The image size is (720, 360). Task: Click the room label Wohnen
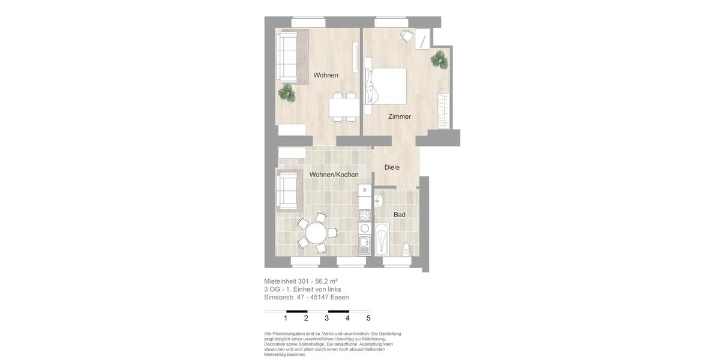(326, 76)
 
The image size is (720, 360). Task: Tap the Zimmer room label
(399, 116)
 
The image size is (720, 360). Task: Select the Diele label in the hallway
(392, 167)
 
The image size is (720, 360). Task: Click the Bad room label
(399, 215)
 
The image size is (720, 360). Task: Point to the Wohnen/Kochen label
(334, 175)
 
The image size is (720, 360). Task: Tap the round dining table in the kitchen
(316, 232)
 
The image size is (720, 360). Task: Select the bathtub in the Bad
(382, 241)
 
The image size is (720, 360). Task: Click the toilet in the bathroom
(407, 249)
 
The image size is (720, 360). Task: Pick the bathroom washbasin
(379, 200)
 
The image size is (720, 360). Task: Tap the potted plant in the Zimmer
(439, 59)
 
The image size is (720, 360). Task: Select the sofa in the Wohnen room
(288, 57)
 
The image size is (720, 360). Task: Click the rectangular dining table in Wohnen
(344, 107)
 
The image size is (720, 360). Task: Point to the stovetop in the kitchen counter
(365, 214)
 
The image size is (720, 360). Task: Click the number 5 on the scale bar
(368, 319)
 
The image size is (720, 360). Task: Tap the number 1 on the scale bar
(286, 319)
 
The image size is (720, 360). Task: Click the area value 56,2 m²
(326, 281)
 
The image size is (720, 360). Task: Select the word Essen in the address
(339, 297)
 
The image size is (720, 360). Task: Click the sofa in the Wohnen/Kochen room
(287, 190)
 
